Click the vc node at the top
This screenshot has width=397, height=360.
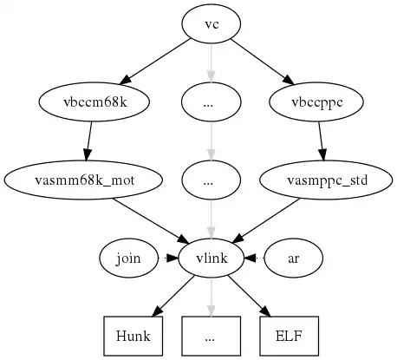(x=212, y=24)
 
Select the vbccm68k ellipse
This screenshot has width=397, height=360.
(x=94, y=102)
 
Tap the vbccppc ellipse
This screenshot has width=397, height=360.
(x=316, y=102)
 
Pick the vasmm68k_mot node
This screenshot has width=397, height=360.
(x=83, y=180)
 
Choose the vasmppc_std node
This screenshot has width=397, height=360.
(x=326, y=180)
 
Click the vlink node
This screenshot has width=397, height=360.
(x=212, y=258)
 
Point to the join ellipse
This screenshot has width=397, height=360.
(x=129, y=258)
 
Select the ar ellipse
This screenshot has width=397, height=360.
(x=293, y=258)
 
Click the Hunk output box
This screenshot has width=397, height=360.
(x=133, y=336)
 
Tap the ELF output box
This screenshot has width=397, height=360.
(x=290, y=336)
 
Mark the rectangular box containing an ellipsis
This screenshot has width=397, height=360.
(x=212, y=336)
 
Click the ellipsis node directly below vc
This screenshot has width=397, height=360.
(x=212, y=102)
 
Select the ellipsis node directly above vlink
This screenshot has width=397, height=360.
(x=212, y=180)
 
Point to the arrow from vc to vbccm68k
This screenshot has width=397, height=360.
(x=154, y=62)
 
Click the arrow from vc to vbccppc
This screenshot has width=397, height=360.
(x=263, y=62)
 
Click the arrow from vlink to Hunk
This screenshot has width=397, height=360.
(x=172, y=296)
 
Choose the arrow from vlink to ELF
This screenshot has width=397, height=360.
(x=250, y=296)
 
